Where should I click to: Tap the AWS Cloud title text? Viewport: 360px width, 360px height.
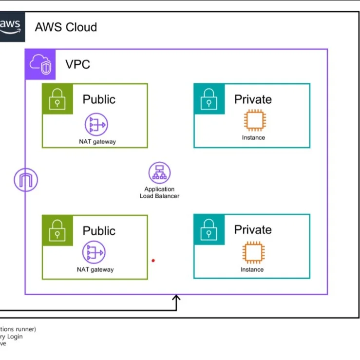click(x=66, y=27)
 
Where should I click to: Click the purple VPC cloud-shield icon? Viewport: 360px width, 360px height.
click(x=40, y=64)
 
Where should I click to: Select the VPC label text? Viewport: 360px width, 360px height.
click(x=78, y=64)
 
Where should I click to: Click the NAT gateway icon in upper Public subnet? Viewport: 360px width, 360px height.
click(x=96, y=125)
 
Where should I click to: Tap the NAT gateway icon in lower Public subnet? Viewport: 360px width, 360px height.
click(x=94, y=252)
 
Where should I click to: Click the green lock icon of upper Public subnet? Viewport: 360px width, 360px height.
click(x=57, y=99)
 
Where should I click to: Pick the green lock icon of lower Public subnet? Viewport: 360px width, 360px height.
click(x=57, y=230)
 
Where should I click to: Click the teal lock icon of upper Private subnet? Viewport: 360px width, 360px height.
click(x=209, y=99)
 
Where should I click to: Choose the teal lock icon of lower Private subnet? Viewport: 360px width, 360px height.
click(x=209, y=229)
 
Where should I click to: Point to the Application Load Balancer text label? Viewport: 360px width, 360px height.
click(x=159, y=192)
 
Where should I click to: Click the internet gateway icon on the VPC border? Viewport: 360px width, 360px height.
click(x=26, y=180)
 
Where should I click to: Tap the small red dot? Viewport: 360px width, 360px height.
click(x=153, y=261)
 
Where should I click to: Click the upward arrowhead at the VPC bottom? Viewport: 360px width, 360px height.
click(x=176, y=298)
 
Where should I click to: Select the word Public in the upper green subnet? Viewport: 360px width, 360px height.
click(x=99, y=99)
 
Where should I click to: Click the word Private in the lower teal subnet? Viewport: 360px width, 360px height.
click(x=253, y=229)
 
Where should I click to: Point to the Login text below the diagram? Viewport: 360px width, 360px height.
click(x=15, y=336)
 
